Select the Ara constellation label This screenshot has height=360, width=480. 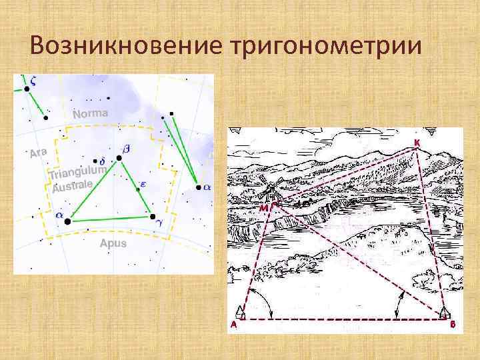(x=39, y=153)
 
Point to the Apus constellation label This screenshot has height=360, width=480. (x=113, y=243)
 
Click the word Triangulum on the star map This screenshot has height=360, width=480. (x=77, y=172)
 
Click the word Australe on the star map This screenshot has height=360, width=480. (x=71, y=187)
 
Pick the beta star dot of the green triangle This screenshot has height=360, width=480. (x=119, y=158)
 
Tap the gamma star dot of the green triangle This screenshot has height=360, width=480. (x=153, y=217)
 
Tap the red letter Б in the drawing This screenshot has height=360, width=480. (x=453, y=325)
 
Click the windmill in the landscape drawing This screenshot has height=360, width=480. (x=270, y=190)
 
